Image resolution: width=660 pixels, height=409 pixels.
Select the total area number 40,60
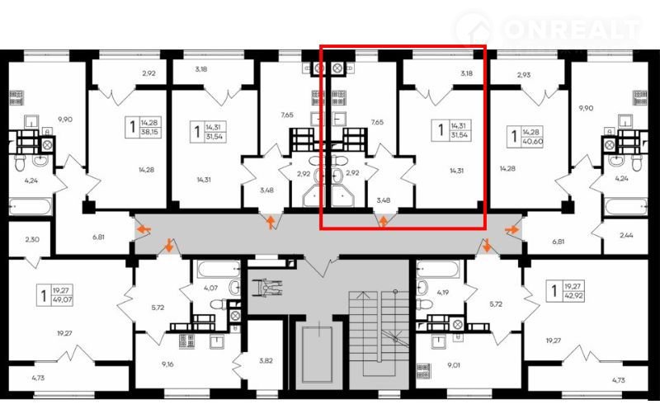pos(532,141)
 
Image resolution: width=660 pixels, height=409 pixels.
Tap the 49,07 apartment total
pos(62,300)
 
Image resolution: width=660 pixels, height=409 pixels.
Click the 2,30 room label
pos(32,239)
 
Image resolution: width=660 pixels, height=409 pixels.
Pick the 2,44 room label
pos(627,235)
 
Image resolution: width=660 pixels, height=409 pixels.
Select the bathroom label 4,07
pos(211,289)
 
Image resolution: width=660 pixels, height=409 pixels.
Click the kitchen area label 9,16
pos(167,364)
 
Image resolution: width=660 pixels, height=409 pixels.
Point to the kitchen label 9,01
pos(453,365)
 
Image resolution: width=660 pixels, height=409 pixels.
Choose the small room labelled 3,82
pos(266,360)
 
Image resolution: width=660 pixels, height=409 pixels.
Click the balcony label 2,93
pos(524,75)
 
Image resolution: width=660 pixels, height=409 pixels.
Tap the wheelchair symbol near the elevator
pos(271,288)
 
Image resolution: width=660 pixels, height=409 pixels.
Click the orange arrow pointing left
pos(144,229)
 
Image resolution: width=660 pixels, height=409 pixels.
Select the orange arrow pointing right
pos(511,229)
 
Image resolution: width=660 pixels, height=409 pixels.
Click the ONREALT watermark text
pos(573,29)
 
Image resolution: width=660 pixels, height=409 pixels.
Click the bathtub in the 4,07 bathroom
pos(219,270)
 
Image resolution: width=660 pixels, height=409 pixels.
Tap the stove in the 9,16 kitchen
pos(186,341)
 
